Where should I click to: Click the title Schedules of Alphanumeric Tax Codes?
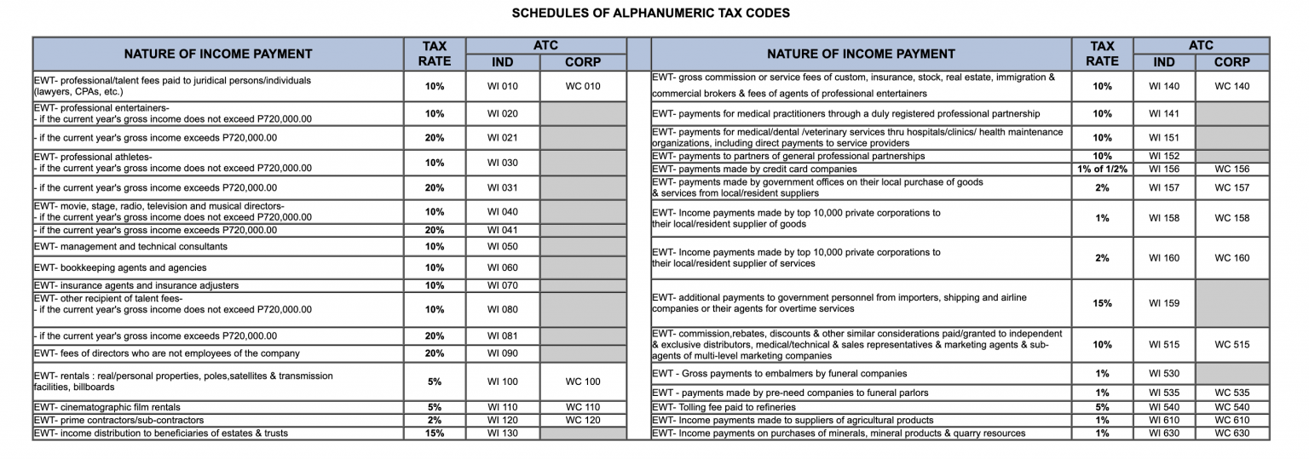(650, 13)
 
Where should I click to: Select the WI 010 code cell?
(502, 86)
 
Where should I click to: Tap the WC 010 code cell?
(583, 86)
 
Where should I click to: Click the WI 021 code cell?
(502, 138)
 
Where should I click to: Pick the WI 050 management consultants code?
(502, 247)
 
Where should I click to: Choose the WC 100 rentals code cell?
(583, 382)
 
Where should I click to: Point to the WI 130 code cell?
(502, 433)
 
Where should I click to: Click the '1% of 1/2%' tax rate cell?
(1102, 169)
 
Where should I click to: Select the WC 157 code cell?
(1231, 187)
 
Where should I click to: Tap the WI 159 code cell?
(1163, 303)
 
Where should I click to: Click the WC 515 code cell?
(1231, 345)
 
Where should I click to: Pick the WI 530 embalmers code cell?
(1163, 374)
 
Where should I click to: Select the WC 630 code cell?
(1231, 433)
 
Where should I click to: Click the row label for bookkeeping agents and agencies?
(120, 268)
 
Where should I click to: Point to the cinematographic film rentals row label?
(107, 408)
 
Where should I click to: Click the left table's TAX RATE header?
(435, 54)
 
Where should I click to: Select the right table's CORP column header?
(1231, 62)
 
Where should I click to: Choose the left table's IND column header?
(502, 62)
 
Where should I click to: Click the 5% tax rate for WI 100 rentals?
(435, 382)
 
